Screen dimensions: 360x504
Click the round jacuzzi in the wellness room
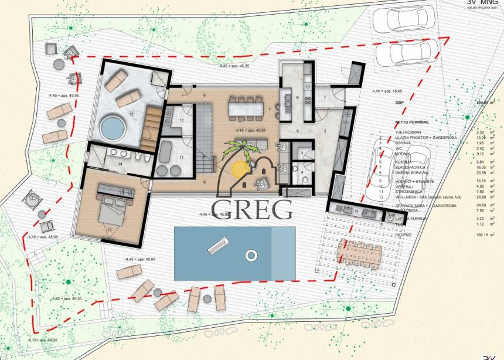tap(110, 126)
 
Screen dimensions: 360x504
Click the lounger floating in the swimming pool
tap(217, 244)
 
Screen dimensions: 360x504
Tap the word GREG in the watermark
tap(252, 209)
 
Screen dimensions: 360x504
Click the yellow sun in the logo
tap(239, 169)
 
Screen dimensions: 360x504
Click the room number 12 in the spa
tap(132, 114)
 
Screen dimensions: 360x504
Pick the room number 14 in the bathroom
tap(120, 165)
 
